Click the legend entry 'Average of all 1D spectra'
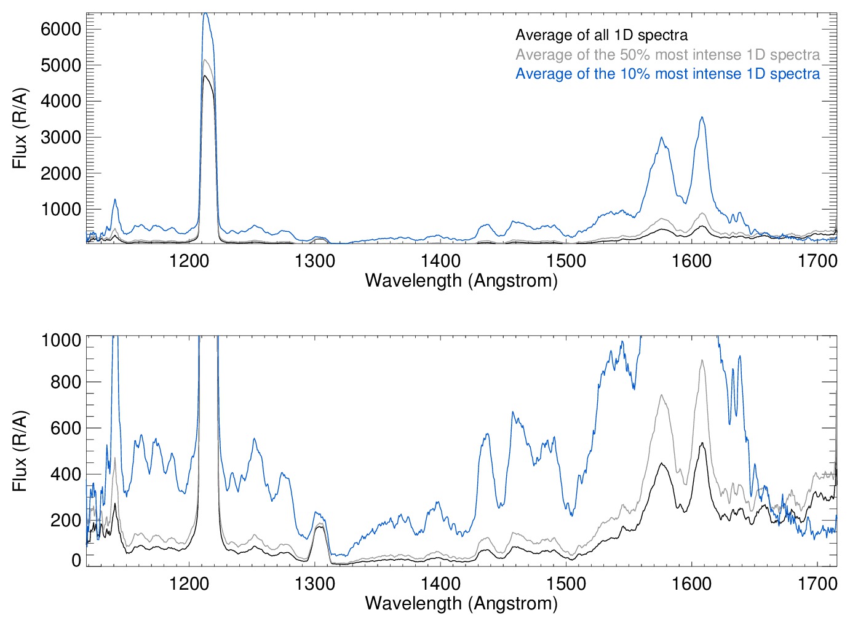tap(601, 35)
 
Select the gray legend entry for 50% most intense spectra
tap(667, 55)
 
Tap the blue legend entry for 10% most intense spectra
tap(667, 74)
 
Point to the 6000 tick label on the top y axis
tap(61, 29)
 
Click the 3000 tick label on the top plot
tap(61, 137)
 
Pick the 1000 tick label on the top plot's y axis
tap(61, 210)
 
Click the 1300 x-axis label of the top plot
tap(315, 261)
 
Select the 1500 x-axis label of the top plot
tap(566, 261)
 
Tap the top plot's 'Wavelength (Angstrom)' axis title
tap(461, 280)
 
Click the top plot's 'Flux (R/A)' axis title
tap(20, 129)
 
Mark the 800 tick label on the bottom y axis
tap(66, 382)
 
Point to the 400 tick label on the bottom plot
tap(66, 474)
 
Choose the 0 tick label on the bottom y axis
tap(76, 560)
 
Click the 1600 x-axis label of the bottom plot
tap(692, 583)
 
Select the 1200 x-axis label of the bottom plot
tap(189, 583)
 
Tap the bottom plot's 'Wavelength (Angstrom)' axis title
tap(461, 603)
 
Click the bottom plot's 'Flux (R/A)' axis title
tap(20, 451)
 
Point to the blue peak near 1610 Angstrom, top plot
tap(702, 117)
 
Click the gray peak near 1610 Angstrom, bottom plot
tap(702, 360)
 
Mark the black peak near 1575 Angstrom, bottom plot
tap(661, 464)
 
